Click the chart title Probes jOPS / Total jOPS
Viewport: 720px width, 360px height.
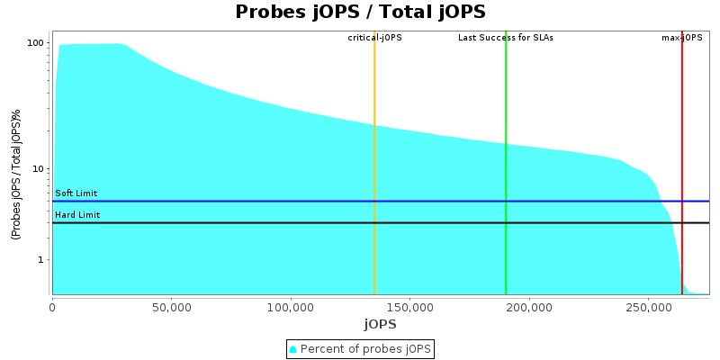click(360, 13)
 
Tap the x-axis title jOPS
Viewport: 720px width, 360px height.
click(380, 324)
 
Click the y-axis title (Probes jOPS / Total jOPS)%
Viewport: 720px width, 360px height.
click(16, 175)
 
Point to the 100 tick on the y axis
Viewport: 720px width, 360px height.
click(36, 43)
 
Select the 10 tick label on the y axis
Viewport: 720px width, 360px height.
click(39, 168)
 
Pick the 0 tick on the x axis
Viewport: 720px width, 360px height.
click(52, 307)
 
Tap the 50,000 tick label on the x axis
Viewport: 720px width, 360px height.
click(171, 307)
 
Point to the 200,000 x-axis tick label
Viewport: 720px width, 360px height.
click(529, 307)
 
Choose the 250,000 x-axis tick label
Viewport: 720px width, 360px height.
click(648, 307)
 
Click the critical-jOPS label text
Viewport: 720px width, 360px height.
click(374, 38)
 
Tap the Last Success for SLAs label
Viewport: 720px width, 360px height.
click(506, 38)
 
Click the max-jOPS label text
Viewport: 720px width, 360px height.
click(681, 38)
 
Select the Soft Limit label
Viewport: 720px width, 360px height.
click(76, 193)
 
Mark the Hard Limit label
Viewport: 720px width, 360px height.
click(77, 215)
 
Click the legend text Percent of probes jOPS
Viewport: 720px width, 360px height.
click(365, 348)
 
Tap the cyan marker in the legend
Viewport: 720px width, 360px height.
click(293, 348)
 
